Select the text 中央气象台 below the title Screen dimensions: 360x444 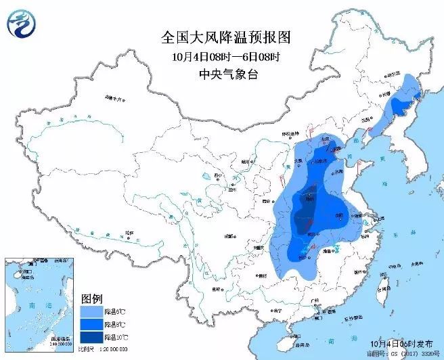coord(221,74)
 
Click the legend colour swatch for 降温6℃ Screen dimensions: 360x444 coord(91,311)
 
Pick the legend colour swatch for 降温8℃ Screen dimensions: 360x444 coord(91,324)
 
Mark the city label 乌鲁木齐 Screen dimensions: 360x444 coord(116,99)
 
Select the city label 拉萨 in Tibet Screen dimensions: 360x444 coord(129,233)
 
